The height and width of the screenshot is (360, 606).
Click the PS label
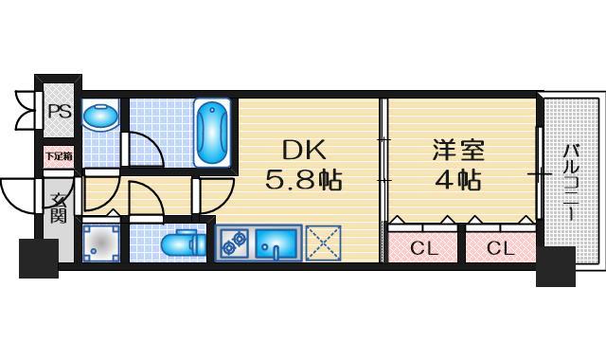(x=58, y=111)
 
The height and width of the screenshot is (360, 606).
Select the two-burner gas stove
(x=233, y=244)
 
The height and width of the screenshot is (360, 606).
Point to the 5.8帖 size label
(x=303, y=179)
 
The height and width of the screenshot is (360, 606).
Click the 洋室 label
(x=458, y=149)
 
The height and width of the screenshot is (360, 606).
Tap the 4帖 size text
(x=458, y=179)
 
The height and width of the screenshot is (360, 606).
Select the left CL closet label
(x=422, y=248)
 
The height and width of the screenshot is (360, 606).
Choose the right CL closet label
(x=500, y=248)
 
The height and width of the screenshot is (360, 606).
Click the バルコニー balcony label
(x=571, y=180)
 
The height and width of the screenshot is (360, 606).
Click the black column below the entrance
(x=39, y=257)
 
